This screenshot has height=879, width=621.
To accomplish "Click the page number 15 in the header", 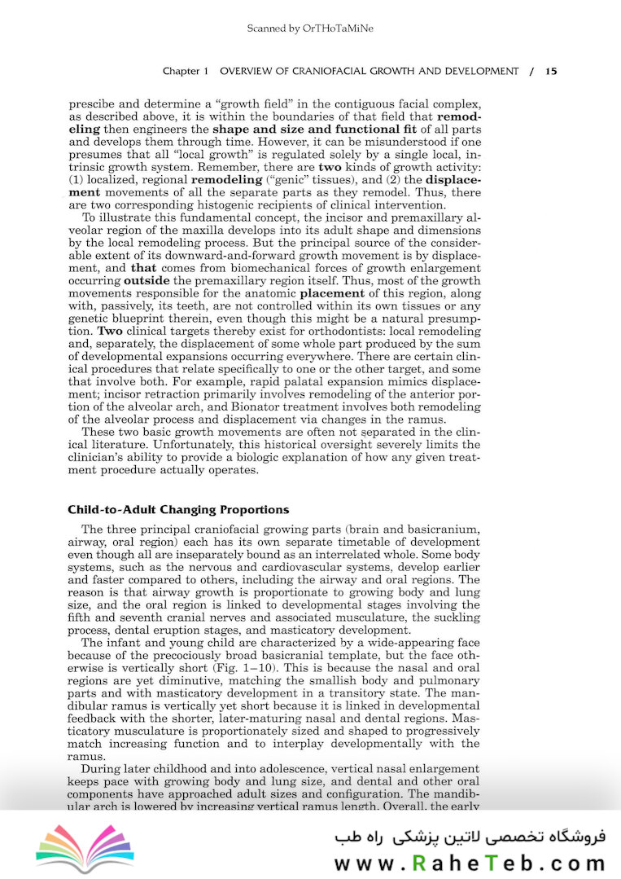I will (x=551, y=72).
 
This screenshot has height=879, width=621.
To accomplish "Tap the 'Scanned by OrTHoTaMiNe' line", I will (x=310, y=29).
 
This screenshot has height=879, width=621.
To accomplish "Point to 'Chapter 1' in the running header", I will (x=186, y=72).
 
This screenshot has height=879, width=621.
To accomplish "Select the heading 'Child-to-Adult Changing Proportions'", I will (x=178, y=510).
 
